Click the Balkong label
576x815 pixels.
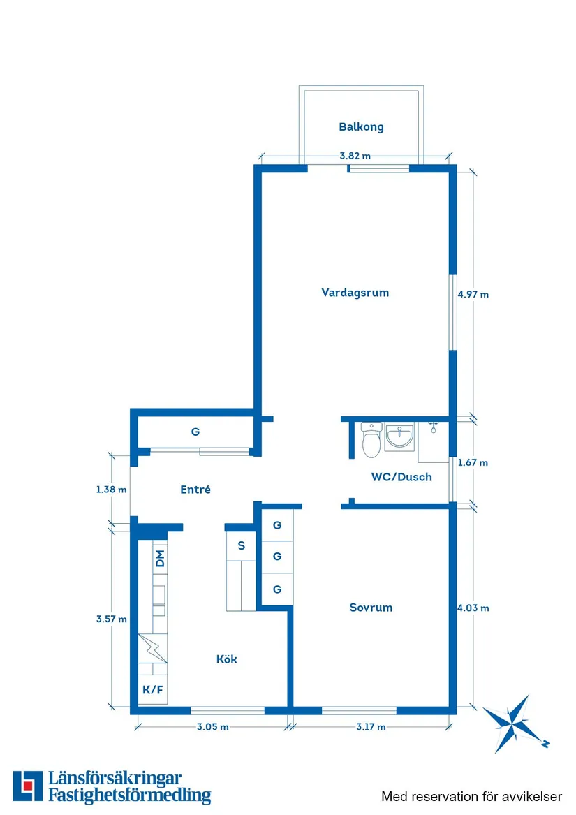pos(361,127)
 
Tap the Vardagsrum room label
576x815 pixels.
pos(355,293)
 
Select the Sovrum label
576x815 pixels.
pos(371,608)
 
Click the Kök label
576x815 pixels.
pos(226,659)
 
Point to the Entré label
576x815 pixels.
pos(195,490)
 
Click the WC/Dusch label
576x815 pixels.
pos(401,478)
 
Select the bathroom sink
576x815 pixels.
pos(399,437)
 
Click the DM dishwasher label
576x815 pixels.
pos(160,558)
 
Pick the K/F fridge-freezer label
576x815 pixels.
pos(152,690)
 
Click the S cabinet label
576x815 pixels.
pos(242,545)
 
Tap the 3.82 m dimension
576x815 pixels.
pos(355,156)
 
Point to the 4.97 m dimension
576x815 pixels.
pos(473,295)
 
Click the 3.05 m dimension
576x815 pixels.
pos(212,727)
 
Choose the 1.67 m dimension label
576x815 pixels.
pos(473,462)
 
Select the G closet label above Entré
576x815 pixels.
pos(195,432)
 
